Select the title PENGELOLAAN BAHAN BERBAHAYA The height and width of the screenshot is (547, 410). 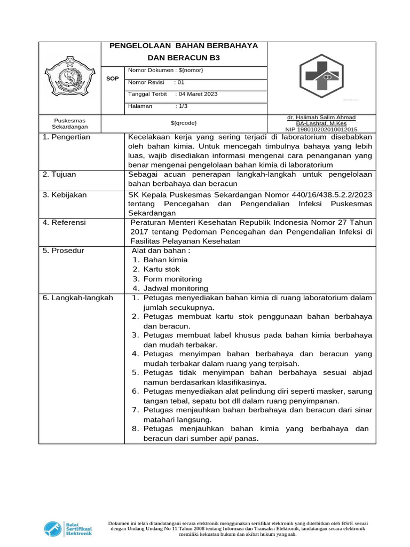pos(184,46)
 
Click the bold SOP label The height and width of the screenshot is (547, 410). pos(112,79)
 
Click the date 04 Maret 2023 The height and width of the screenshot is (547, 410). pos(198,94)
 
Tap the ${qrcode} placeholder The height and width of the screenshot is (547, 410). pos(184,123)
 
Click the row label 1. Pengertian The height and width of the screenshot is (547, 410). pos(67,137)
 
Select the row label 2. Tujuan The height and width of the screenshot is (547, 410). pos(60,174)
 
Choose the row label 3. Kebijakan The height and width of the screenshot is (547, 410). pos(65,195)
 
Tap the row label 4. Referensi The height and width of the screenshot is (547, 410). pos(64,222)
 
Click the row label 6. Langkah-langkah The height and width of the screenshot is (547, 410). pos(78,298)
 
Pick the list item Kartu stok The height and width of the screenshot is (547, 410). pos(161,269)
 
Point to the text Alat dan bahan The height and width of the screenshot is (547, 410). pos(161,250)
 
